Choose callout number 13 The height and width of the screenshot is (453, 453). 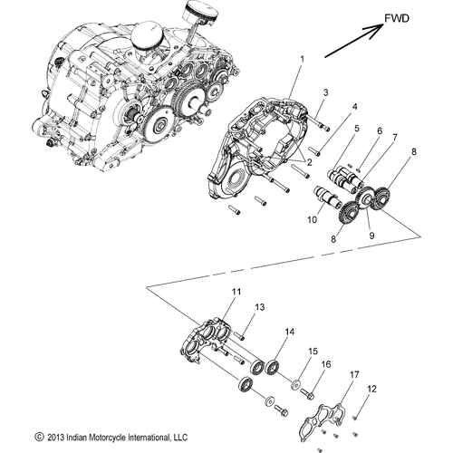point(259,308)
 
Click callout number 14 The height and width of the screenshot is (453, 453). point(289,333)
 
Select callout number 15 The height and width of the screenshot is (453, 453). point(313,351)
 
